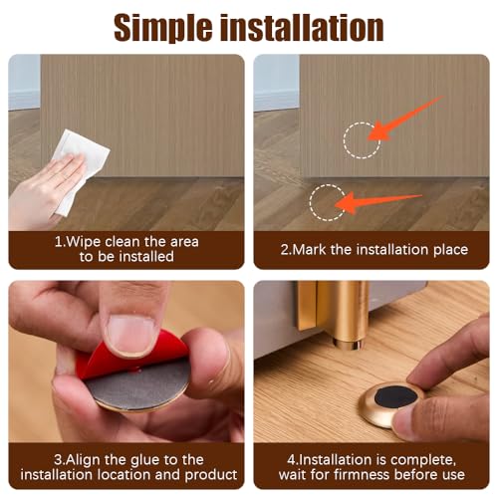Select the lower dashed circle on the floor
[326, 202]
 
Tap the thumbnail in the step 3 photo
[130, 334]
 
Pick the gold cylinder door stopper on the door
[349, 314]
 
